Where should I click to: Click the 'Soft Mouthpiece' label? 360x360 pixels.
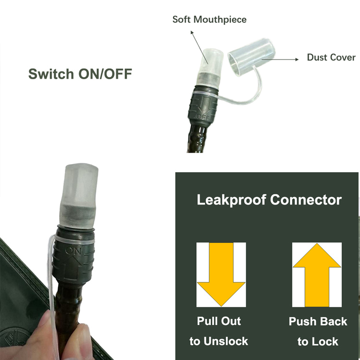209,20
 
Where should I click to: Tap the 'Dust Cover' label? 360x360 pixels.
331,58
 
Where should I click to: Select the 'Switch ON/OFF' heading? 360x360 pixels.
80,74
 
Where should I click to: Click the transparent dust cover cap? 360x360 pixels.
252,57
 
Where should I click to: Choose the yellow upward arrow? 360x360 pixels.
317,275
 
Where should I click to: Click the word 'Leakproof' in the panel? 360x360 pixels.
231,200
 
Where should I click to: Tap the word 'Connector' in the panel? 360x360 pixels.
306,200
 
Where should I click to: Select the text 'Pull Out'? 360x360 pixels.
219,321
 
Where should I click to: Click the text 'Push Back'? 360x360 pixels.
318,322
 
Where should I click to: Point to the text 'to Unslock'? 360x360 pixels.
219,341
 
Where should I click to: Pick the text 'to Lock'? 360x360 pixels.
318,342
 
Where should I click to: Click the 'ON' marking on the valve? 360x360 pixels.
73,251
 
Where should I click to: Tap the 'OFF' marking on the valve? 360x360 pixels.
203,117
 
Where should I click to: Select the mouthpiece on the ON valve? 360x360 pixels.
79,195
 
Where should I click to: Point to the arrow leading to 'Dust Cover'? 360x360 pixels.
280,59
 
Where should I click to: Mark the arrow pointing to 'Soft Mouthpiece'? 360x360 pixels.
199,48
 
